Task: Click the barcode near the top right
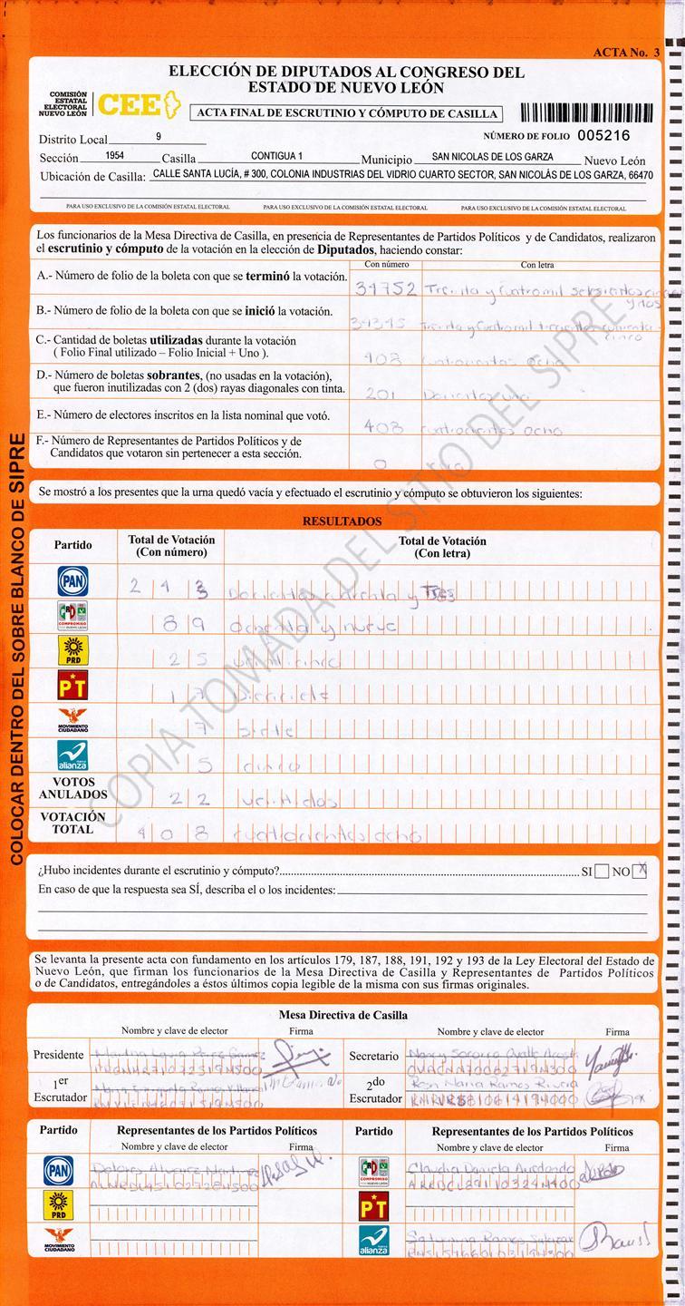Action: point(586,112)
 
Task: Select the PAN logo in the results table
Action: point(72,581)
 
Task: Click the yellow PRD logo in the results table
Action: point(72,650)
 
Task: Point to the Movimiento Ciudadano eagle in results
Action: point(72,720)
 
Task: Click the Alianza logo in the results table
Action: point(72,755)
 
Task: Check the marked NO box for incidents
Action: point(640,871)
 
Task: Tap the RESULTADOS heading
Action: point(342,521)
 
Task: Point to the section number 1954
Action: point(114,156)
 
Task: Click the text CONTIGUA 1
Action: point(276,156)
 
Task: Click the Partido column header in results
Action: point(72,545)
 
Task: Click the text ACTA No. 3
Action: point(626,53)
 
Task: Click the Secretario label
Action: point(373,1057)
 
